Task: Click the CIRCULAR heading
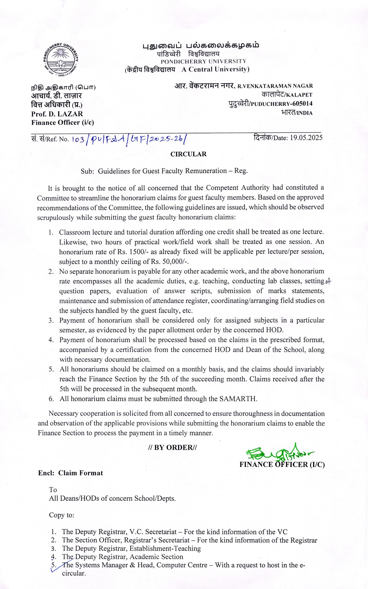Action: (188, 154)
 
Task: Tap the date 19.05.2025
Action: (306, 137)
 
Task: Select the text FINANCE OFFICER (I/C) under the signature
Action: (282, 464)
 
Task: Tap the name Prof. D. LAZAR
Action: (57, 114)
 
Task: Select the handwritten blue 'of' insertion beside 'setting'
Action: (328, 282)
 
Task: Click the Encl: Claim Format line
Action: (70, 473)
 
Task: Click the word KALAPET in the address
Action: (299, 95)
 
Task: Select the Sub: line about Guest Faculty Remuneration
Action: (164, 171)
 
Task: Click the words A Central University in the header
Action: (215, 69)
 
